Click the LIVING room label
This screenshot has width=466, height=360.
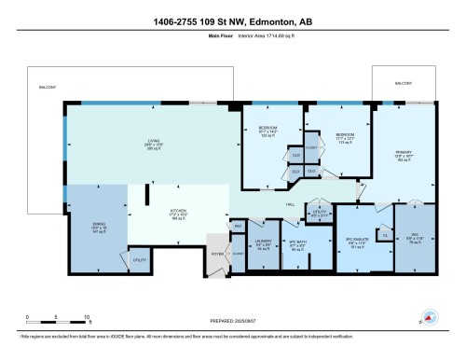(x=166, y=141)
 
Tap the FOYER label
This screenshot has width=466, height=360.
(x=217, y=252)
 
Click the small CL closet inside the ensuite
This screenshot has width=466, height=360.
(x=385, y=237)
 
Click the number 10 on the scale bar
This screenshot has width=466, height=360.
(x=86, y=318)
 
